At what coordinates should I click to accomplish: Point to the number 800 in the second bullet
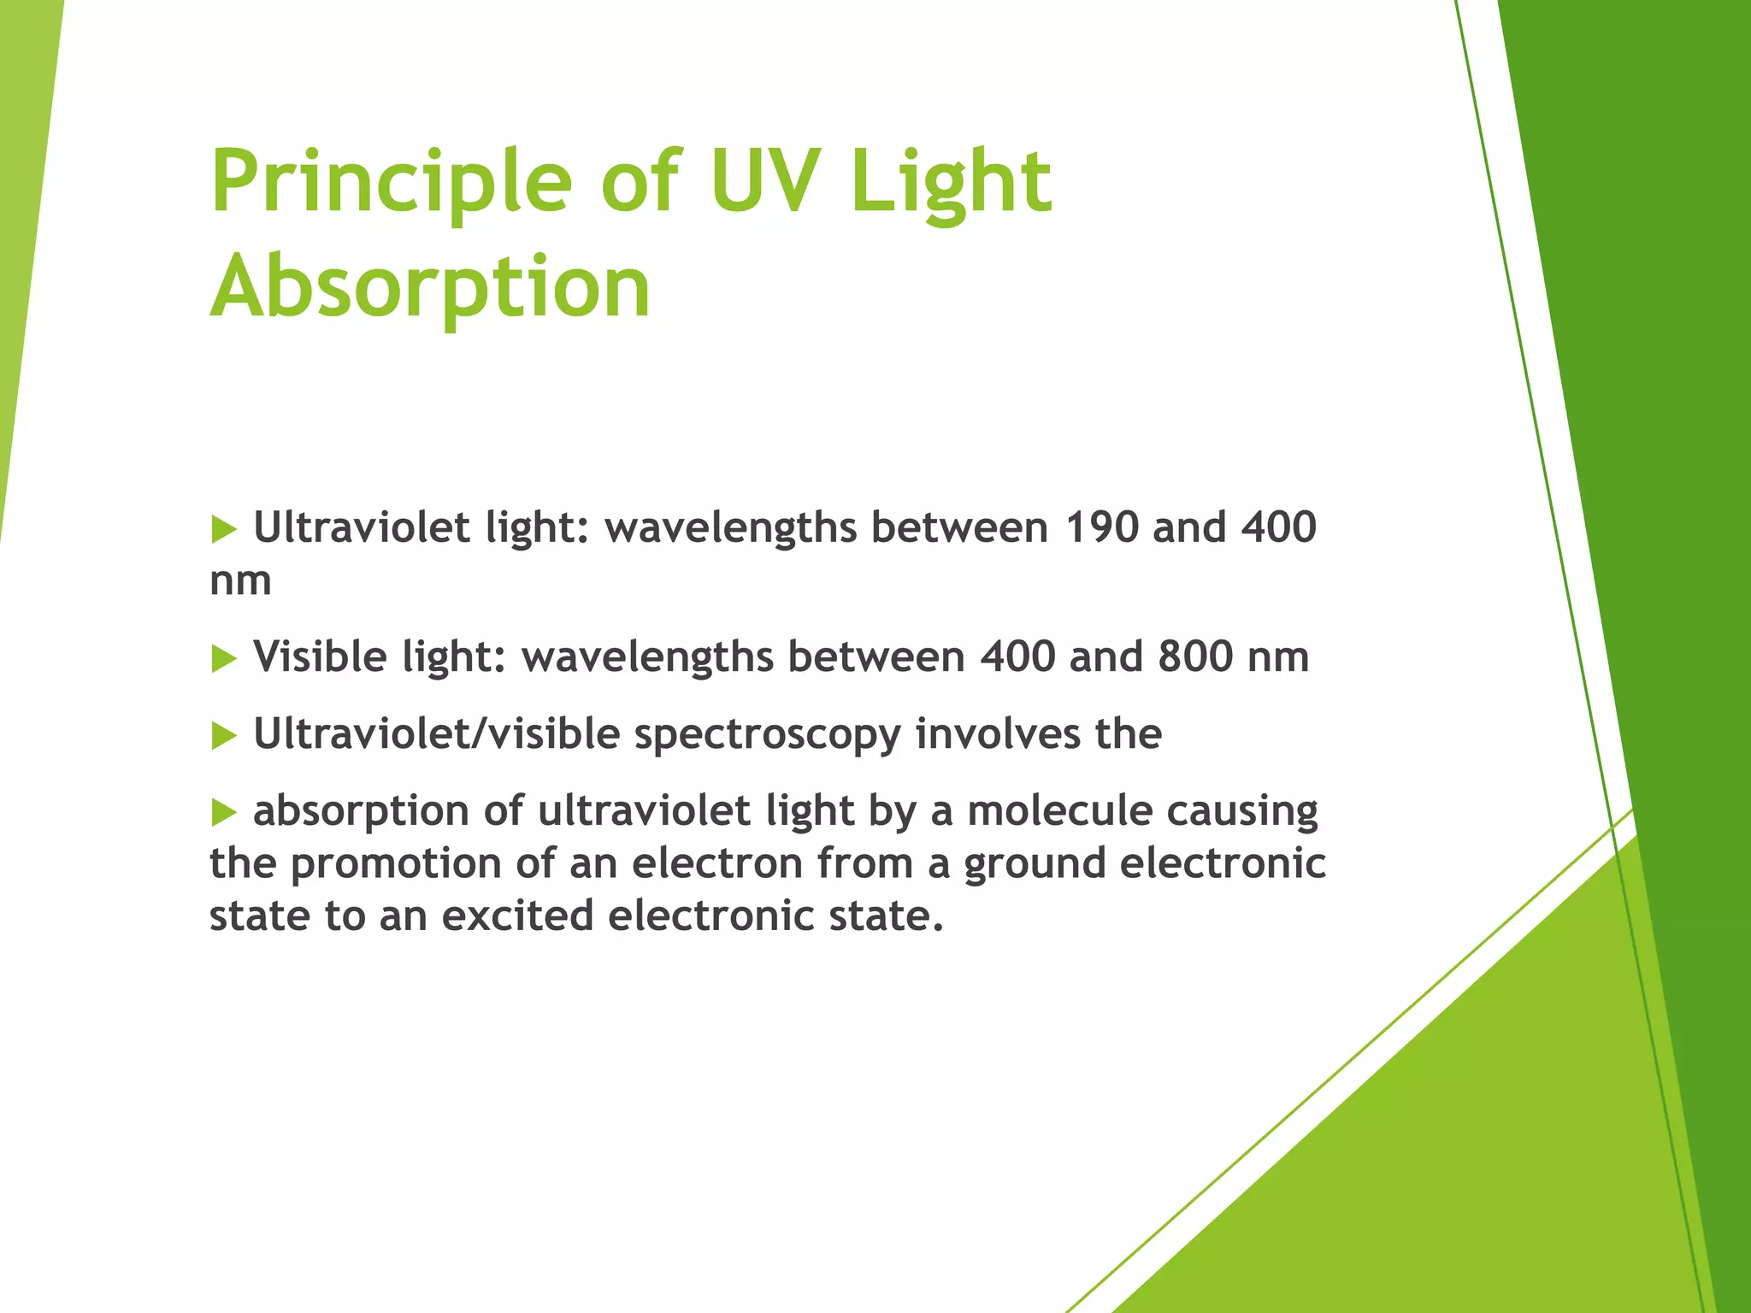tap(1195, 656)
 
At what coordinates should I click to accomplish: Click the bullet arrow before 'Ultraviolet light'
tap(223, 529)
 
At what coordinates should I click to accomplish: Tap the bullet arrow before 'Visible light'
tap(223, 658)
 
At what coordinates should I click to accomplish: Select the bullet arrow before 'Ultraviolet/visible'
tap(223, 735)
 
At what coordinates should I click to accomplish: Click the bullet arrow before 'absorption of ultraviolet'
tap(223, 812)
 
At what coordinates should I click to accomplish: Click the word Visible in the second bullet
tap(320, 656)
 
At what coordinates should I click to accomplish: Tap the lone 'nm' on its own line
tap(240, 581)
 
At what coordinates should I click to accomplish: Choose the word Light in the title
tap(950, 180)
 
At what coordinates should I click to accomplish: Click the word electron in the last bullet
tap(717, 863)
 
